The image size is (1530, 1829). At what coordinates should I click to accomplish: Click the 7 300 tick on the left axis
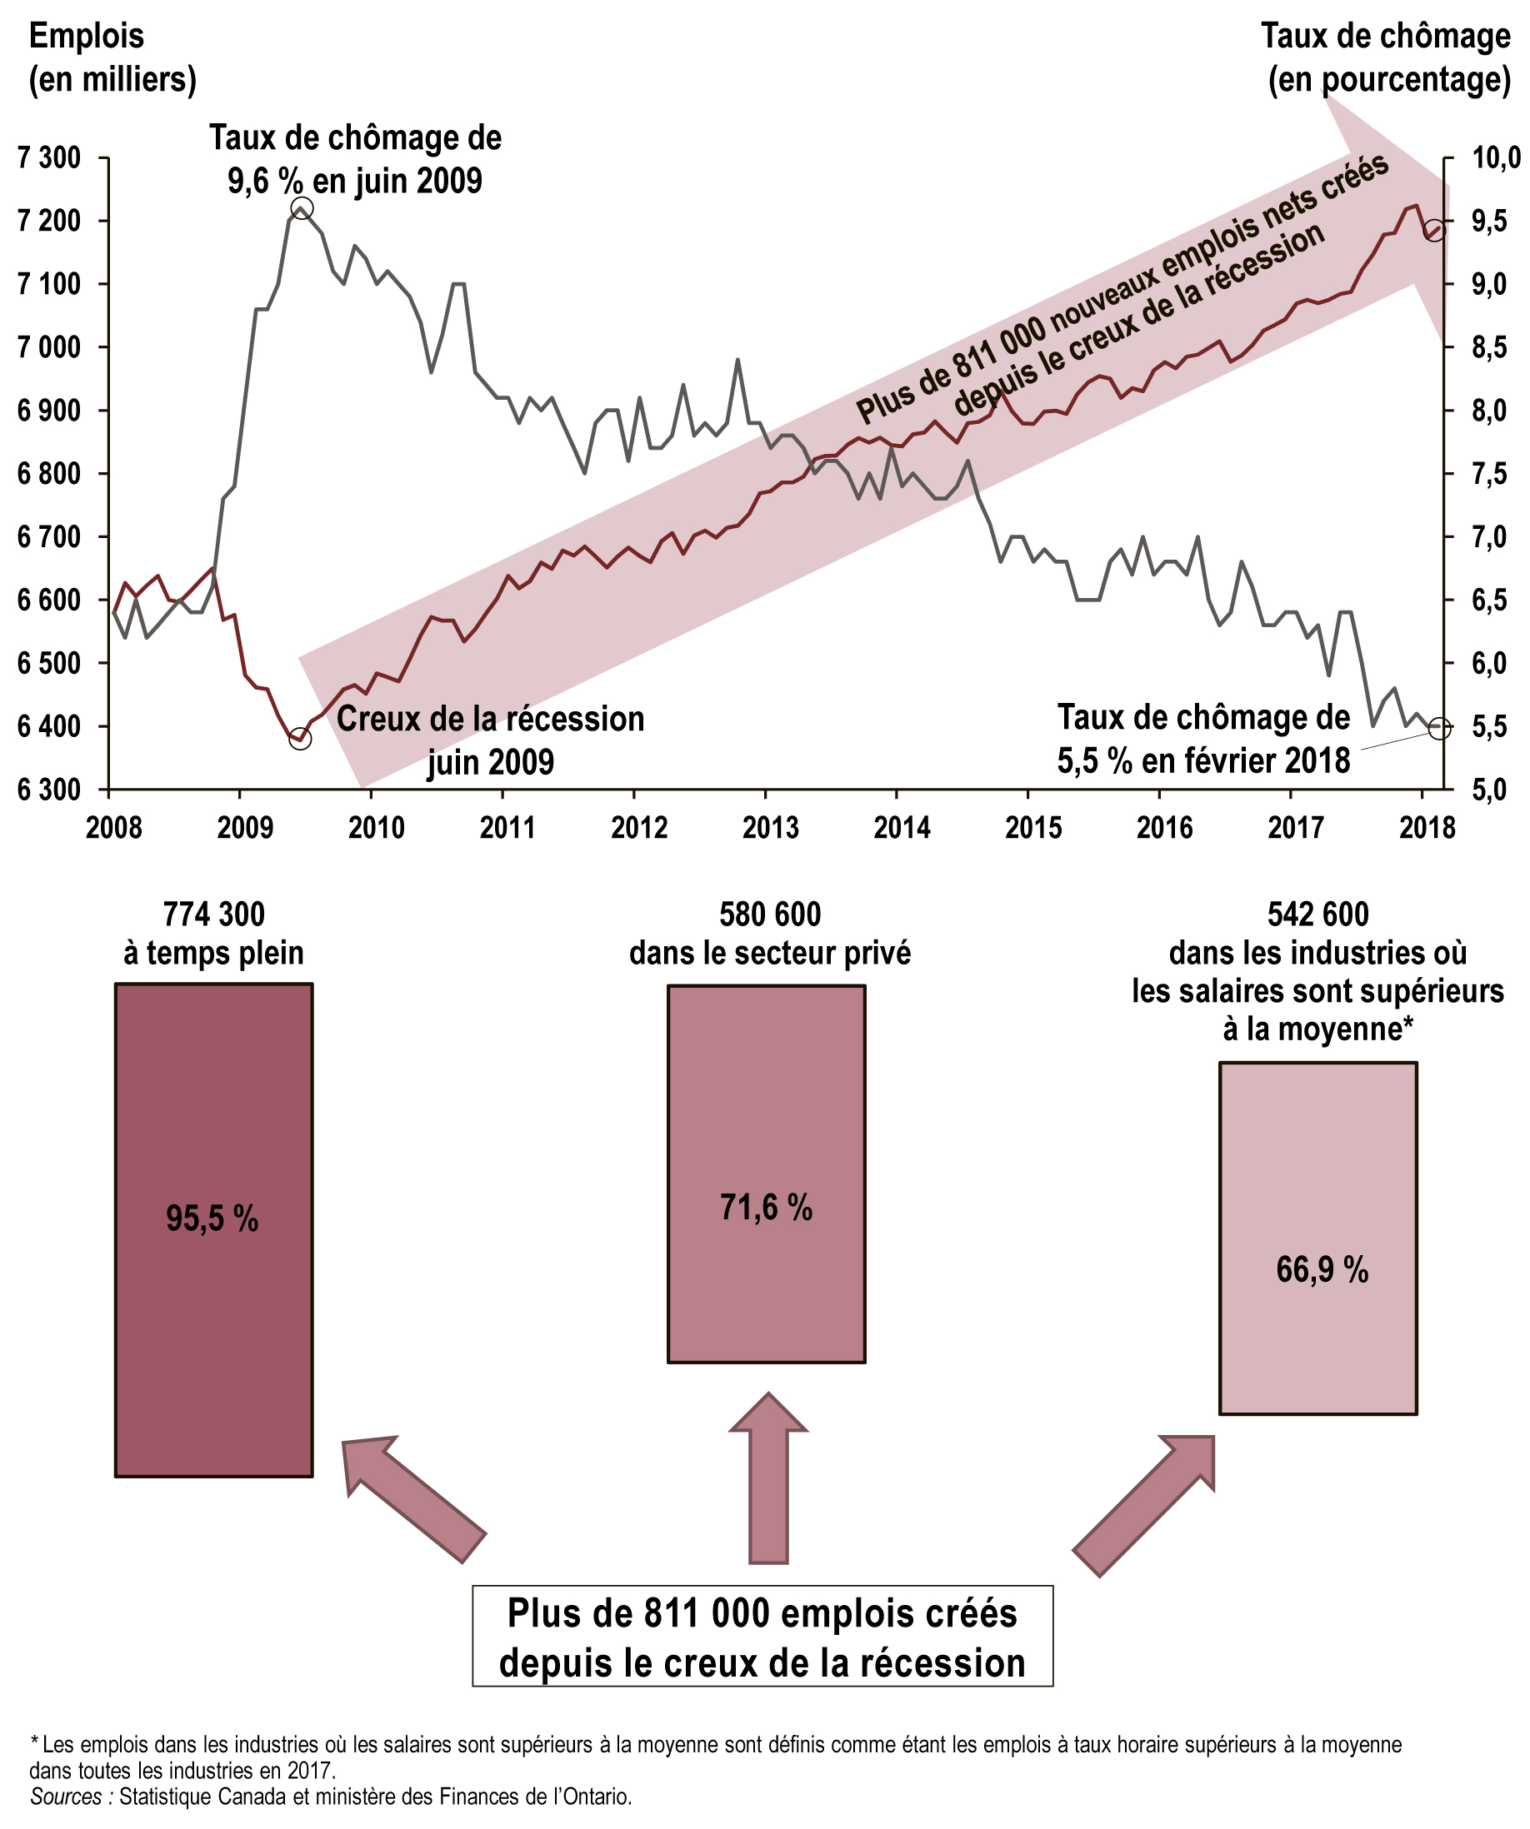click(49, 158)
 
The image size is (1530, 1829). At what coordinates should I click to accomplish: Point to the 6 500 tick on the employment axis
click(49, 664)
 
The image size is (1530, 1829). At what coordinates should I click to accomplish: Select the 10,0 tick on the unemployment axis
click(1495, 158)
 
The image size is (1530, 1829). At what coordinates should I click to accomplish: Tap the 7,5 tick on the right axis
click(1489, 475)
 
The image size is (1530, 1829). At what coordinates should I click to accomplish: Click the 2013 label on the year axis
click(769, 827)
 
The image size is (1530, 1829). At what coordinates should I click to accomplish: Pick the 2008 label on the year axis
click(113, 827)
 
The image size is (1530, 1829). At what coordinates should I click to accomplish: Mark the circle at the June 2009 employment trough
click(300, 739)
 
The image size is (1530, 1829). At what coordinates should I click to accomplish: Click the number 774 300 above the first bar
click(213, 915)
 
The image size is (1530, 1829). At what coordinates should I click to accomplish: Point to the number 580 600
click(769, 915)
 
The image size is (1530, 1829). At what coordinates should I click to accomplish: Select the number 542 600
click(1317, 915)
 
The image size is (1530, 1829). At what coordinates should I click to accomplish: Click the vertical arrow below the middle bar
click(767, 1481)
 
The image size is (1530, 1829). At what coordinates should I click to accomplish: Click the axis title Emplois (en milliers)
click(112, 57)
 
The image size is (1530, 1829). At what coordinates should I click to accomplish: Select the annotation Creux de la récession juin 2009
click(490, 741)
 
